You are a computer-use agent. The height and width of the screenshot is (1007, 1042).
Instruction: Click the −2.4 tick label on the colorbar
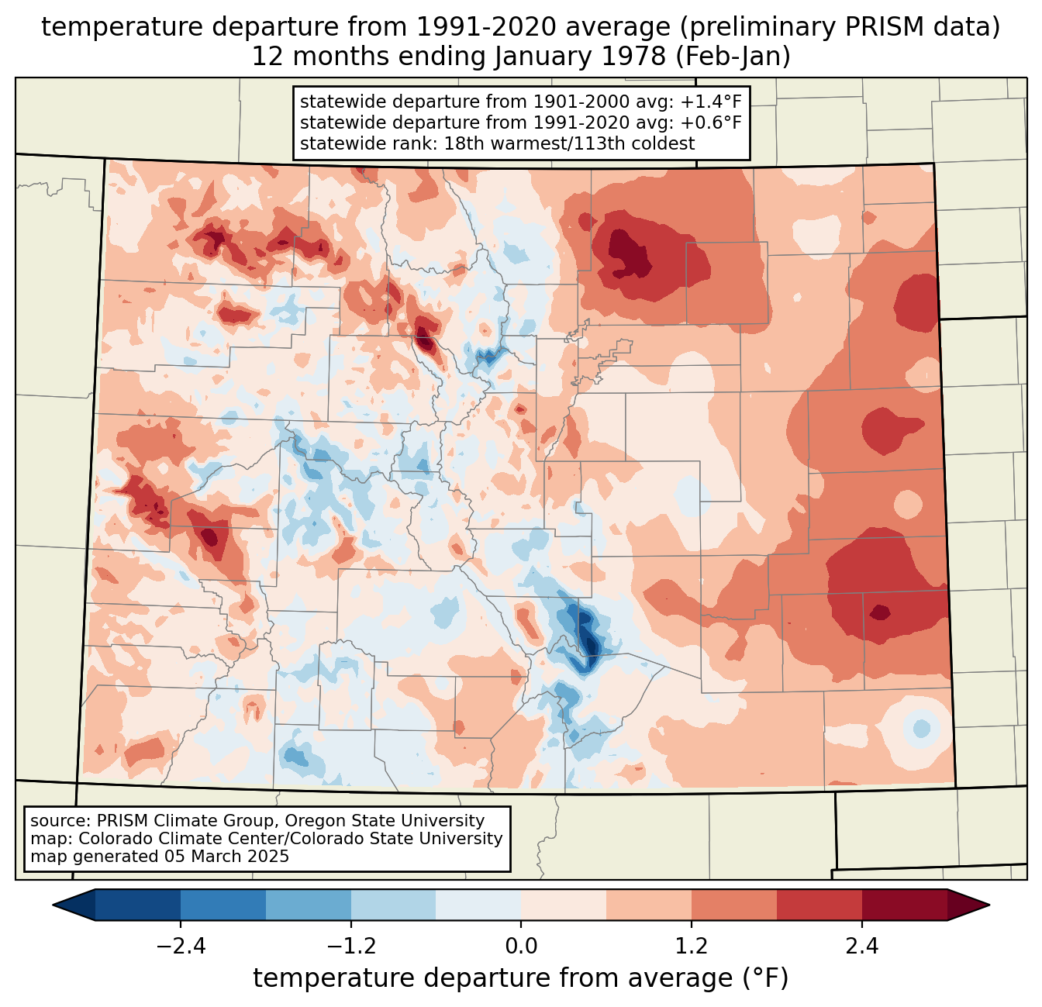click(181, 947)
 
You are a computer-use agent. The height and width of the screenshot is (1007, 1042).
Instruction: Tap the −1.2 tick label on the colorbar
click(351, 947)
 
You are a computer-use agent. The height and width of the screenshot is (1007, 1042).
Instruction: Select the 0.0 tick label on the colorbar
click(521, 947)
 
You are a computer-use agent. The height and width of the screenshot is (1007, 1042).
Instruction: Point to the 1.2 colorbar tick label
click(692, 947)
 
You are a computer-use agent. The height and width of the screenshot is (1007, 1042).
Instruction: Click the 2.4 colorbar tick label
click(861, 947)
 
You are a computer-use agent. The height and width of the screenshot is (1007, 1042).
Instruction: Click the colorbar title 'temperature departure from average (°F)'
click(521, 978)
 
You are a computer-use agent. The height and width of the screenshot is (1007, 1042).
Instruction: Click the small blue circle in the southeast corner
click(921, 729)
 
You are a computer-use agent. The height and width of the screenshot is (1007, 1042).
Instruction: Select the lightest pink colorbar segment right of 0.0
click(564, 905)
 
